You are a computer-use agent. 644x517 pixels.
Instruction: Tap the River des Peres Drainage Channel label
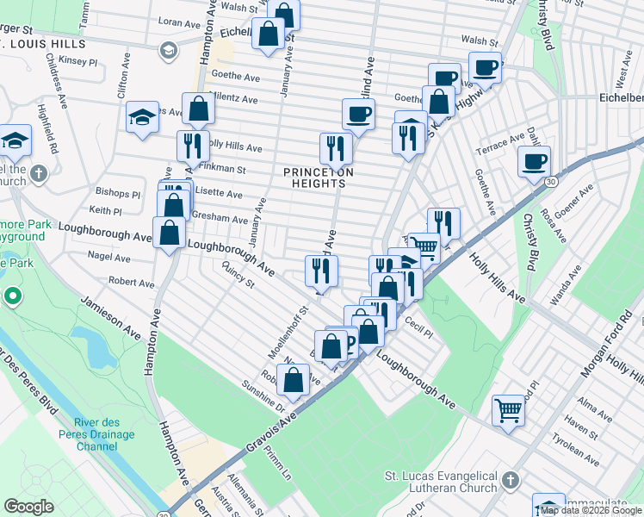pyautogui.click(x=107, y=434)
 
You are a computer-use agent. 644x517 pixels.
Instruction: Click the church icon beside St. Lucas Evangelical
pyautogui.click(x=510, y=479)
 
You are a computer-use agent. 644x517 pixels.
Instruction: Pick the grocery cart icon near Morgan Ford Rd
pyautogui.click(x=508, y=410)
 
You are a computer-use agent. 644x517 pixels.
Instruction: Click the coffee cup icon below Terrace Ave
pyautogui.click(x=534, y=161)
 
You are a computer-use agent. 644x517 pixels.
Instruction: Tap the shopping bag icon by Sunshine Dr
pyautogui.click(x=293, y=380)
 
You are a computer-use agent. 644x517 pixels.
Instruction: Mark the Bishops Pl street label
pyautogui.click(x=120, y=194)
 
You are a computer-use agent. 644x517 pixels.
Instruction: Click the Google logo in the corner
pyautogui.click(x=28, y=508)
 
